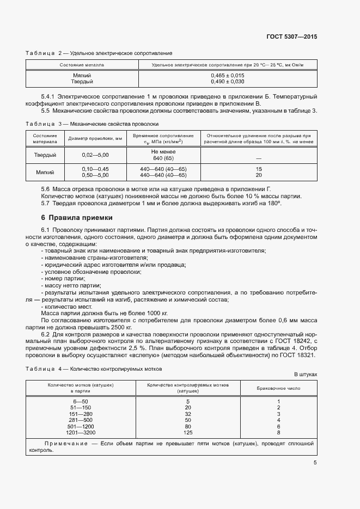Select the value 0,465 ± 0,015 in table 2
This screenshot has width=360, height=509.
[227, 75]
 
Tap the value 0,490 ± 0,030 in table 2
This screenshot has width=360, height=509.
[227, 82]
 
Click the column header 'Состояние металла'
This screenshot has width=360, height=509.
[82, 65]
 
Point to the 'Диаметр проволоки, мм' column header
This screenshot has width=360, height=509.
[95, 138]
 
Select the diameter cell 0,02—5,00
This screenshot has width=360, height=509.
[95, 155]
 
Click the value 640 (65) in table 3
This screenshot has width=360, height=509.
[163, 158]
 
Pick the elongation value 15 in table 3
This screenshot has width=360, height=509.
[259, 169]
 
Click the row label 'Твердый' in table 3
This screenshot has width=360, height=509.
[45, 155]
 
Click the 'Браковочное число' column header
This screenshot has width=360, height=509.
[278, 388]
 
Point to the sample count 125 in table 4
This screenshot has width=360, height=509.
[188, 432]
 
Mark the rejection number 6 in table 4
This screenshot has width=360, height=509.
[278, 426]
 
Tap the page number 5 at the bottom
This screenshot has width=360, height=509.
[315, 463]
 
